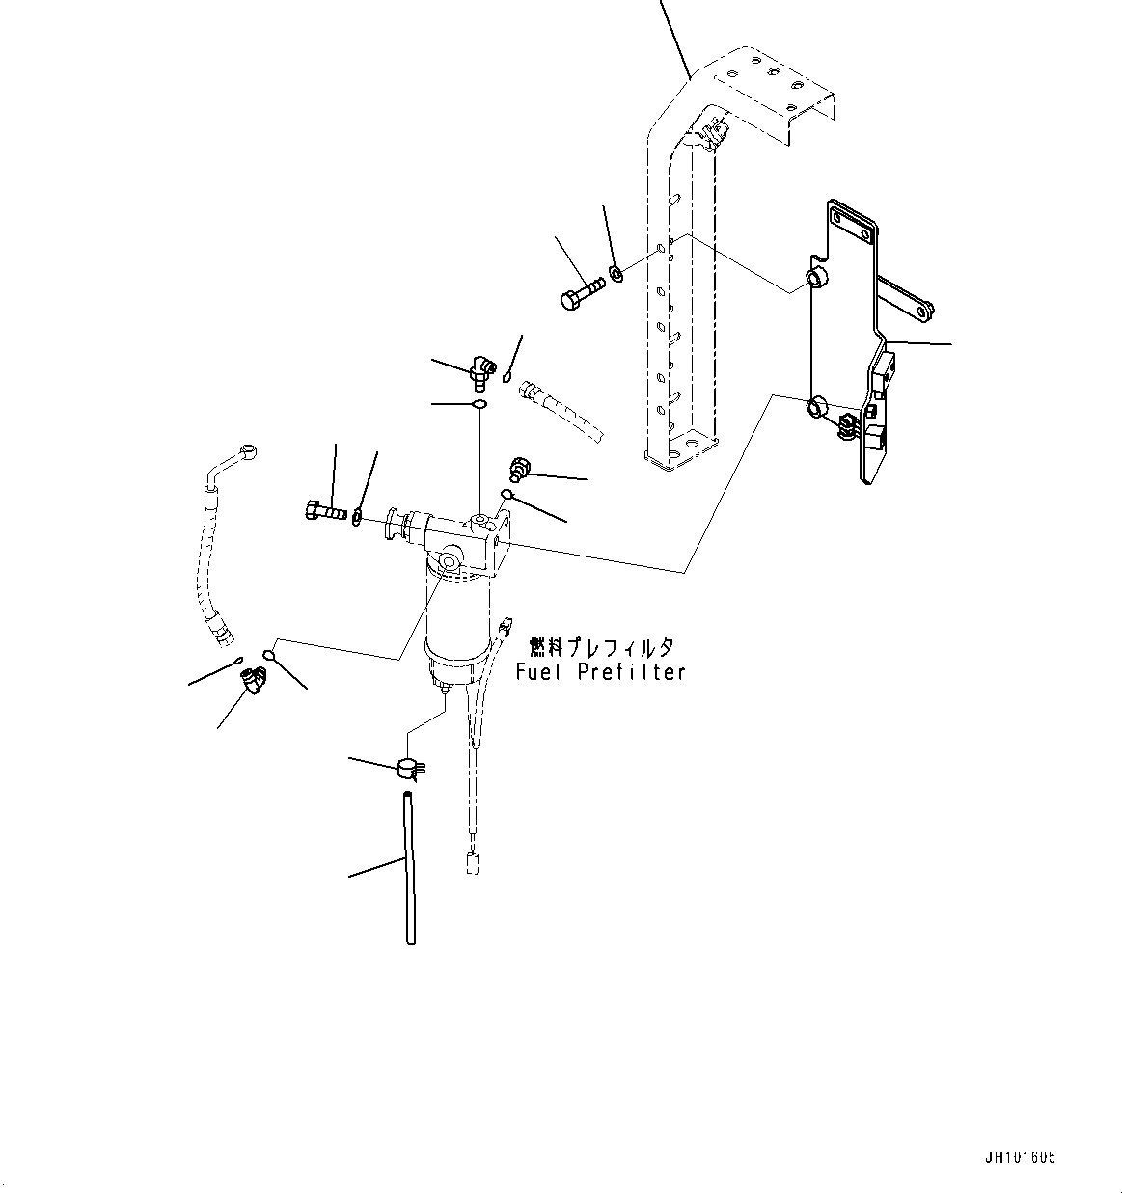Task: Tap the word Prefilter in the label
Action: [631, 672]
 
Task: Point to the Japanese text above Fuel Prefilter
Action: [601, 647]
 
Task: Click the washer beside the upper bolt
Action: [616, 273]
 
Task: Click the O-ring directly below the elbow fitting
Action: [479, 404]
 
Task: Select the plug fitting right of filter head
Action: [518, 469]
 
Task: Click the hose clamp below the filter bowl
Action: [412, 769]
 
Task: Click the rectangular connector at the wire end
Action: [473, 864]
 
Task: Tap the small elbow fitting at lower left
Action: [254, 679]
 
